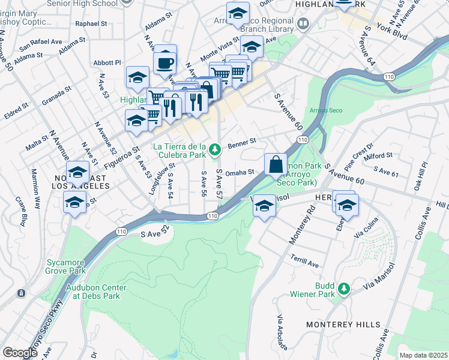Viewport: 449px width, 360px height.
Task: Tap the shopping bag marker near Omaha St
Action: tap(275, 164)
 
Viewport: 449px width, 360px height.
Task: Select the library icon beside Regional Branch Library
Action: tap(303, 24)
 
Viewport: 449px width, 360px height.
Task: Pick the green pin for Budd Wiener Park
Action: tap(344, 289)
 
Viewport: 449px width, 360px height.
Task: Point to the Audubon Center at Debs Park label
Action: tap(93, 292)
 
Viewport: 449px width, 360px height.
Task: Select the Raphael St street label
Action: tap(91, 24)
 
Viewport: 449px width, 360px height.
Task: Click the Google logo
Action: tap(20, 353)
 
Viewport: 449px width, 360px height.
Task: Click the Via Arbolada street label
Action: tap(280, 332)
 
